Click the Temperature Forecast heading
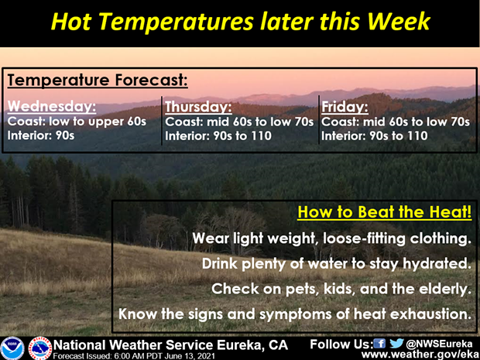[98, 81]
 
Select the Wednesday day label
[52, 107]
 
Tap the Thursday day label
[198, 107]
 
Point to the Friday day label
[345, 107]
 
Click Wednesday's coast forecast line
[77, 122]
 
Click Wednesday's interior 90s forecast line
[41, 135]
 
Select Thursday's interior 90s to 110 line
[218, 136]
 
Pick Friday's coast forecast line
[395, 122]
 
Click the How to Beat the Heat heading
[385, 212]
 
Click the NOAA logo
[12, 348]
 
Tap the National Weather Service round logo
[40, 348]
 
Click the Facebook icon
[380, 344]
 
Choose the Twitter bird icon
[396, 344]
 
